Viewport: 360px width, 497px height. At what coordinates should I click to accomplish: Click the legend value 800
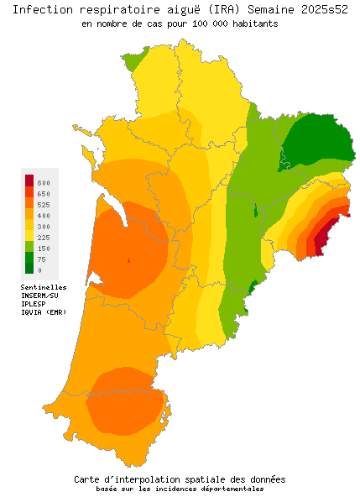tap(44, 182)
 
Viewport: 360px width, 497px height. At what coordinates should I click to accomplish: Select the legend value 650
tap(44, 193)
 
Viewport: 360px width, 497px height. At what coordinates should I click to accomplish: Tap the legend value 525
tap(44, 204)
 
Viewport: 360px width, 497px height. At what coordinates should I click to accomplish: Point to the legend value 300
tap(44, 227)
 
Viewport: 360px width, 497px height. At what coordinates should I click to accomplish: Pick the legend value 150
tap(44, 248)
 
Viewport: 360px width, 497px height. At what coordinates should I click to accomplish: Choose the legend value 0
tap(39, 270)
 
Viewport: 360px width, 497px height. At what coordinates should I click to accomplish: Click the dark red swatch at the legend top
tap(29, 180)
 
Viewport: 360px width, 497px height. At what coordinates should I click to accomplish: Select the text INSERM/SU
tap(39, 296)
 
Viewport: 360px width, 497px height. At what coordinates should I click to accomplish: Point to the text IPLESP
tap(34, 304)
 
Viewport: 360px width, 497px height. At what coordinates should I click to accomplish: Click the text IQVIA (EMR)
tap(44, 312)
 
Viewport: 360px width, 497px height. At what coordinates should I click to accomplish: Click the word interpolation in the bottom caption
tap(166, 479)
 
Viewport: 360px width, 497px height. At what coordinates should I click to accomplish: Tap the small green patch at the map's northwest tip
tap(133, 60)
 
